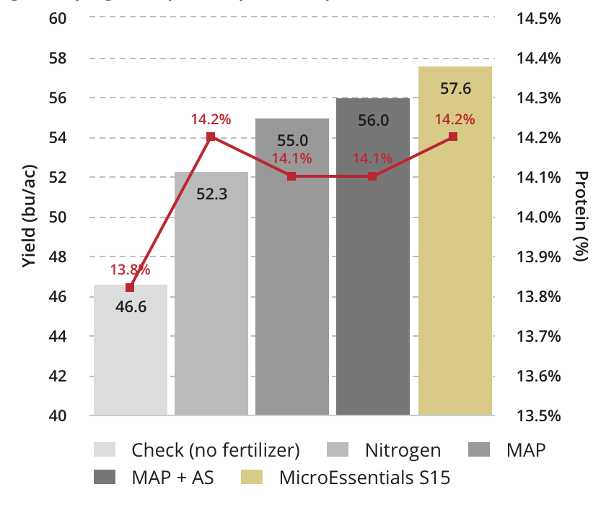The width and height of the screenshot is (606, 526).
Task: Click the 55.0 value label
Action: [291, 140]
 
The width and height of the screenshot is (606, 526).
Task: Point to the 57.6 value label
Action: [455, 89]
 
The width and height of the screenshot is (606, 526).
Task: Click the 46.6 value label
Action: [131, 307]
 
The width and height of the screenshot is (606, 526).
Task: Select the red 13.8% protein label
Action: [130, 270]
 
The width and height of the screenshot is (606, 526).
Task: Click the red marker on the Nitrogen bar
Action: [211, 137]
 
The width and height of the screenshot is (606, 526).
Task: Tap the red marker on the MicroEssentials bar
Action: [453, 137]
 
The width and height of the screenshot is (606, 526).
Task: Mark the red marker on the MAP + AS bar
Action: [372, 176]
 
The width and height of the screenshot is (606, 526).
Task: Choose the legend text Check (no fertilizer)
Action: [215, 451]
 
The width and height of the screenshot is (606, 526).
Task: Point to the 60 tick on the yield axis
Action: [58, 18]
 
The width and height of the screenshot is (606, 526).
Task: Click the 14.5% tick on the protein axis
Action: [539, 18]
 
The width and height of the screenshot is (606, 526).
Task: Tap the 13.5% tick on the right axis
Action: [539, 416]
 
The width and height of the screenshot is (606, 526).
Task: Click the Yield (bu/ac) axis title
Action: [28, 217]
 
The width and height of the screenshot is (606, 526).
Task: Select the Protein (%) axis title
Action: [581, 217]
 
